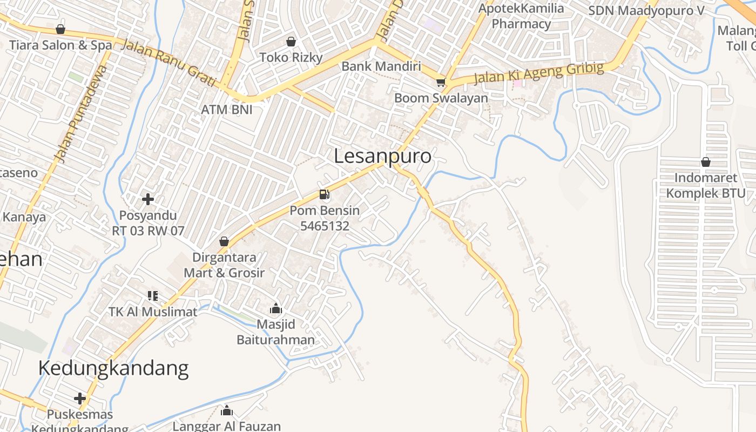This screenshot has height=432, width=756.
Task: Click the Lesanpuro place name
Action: (x=382, y=156)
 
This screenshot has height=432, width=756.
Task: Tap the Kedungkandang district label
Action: (x=113, y=368)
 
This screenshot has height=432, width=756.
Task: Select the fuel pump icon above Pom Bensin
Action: (x=324, y=194)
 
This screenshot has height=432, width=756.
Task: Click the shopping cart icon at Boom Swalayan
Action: (x=441, y=83)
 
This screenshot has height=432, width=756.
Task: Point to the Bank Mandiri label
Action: (x=381, y=66)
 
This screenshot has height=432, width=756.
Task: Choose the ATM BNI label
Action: (x=227, y=110)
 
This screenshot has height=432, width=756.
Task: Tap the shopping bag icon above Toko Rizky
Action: (x=291, y=42)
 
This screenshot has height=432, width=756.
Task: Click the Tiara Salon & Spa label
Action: (x=60, y=45)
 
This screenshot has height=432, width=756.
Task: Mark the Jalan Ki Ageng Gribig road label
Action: (x=538, y=73)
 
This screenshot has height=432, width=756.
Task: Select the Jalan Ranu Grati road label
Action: (x=169, y=63)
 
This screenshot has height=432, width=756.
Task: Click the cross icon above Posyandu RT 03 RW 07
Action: (x=148, y=199)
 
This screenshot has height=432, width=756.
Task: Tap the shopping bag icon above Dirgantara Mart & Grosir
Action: (x=224, y=241)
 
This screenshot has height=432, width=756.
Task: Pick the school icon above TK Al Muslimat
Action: (x=153, y=296)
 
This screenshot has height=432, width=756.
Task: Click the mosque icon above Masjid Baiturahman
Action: (x=276, y=308)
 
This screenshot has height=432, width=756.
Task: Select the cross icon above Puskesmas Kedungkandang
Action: (x=80, y=399)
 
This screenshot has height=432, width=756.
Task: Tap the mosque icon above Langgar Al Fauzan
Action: (x=227, y=410)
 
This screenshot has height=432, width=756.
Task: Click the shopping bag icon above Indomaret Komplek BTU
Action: (x=705, y=162)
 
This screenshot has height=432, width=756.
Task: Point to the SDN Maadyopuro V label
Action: (x=646, y=11)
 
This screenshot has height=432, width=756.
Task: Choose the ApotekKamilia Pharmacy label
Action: (x=521, y=16)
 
